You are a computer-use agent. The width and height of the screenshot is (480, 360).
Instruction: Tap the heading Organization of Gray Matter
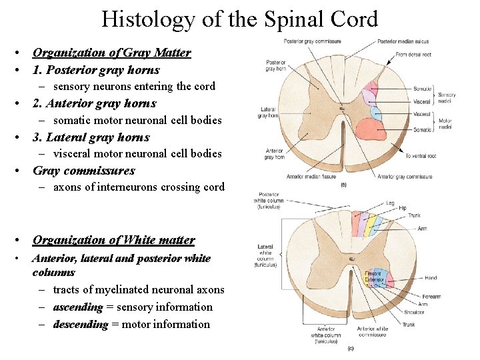tap(111, 53)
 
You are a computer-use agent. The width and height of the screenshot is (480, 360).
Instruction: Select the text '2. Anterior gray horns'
tap(94, 103)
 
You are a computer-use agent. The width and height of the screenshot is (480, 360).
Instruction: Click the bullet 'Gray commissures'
tap(83, 171)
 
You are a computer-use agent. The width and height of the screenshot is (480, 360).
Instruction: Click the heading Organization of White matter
tap(113, 240)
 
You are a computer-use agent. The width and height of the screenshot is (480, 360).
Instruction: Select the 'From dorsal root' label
tap(414, 54)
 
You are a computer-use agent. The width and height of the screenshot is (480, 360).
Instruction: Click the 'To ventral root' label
tap(421, 155)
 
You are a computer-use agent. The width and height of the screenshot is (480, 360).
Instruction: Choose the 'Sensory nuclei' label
tap(447, 98)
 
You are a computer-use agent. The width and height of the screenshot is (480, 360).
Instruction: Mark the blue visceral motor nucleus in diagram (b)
tap(375, 112)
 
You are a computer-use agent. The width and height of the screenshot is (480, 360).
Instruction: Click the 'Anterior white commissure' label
tap(373, 331)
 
